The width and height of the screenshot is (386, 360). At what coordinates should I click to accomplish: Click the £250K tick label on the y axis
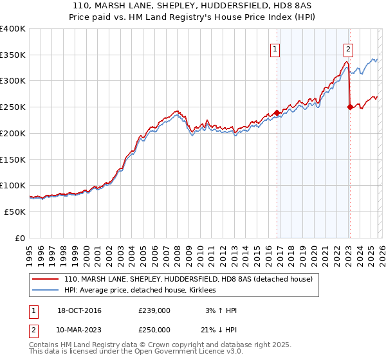(x=13, y=107)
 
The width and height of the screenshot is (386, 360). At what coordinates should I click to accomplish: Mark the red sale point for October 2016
(x=277, y=113)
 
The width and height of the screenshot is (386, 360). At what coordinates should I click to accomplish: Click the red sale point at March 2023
(x=350, y=107)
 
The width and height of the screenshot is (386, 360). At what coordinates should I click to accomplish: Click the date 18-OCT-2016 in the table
(x=75, y=310)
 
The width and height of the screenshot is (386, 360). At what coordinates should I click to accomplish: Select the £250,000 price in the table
(x=154, y=330)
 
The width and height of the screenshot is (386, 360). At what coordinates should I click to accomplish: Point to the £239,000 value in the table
(x=154, y=310)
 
